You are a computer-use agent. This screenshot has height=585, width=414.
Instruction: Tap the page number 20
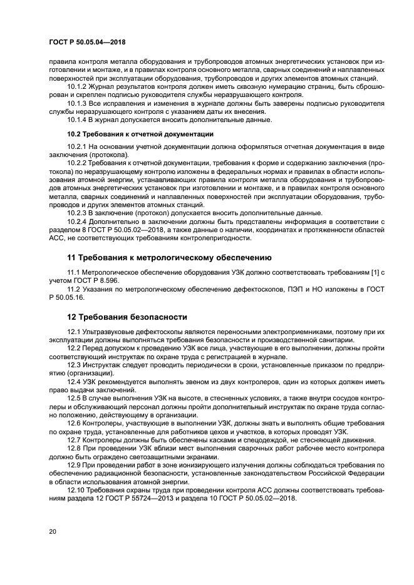53,531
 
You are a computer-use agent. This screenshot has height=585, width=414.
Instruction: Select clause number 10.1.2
77,87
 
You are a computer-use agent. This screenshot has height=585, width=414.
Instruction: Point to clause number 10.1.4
77,120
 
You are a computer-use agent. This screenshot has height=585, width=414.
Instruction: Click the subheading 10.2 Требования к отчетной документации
140,135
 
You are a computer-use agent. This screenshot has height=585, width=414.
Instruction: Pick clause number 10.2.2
77,162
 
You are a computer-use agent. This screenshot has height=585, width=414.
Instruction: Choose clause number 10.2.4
77,221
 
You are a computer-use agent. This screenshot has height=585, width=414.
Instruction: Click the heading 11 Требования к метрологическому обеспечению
169,257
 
